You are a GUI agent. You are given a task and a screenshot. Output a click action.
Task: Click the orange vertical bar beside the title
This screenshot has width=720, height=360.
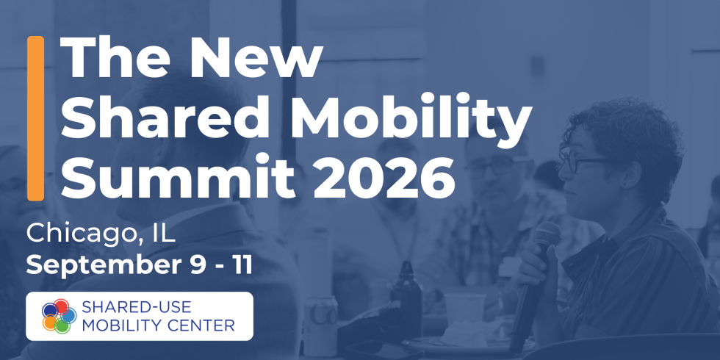[35, 118]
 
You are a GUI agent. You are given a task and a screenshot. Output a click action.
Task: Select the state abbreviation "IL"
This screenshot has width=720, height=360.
[162, 234]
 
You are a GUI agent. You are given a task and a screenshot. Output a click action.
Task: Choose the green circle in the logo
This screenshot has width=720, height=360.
[62, 325]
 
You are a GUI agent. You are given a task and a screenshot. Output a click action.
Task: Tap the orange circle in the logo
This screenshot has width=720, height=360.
[50, 323]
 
